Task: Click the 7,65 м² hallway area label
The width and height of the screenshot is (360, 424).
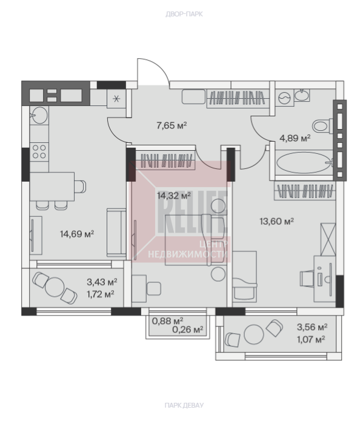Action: click(x=172, y=125)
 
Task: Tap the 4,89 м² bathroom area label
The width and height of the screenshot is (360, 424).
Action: click(x=295, y=138)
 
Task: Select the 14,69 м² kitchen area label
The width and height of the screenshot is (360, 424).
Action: click(x=77, y=234)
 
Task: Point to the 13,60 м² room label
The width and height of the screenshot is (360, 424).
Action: click(x=277, y=221)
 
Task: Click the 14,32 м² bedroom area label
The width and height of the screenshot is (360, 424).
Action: click(x=174, y=195)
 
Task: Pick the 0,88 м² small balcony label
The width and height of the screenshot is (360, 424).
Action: click(x=167, y=321)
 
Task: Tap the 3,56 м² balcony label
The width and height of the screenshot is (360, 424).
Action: click(x=312, y=327)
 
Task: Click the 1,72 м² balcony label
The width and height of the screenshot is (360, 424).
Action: click(x=100, y=294)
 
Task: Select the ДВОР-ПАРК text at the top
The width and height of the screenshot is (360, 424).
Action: click(x=184, y=14)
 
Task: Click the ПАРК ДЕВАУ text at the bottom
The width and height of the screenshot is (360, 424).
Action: click(x=184, y=405)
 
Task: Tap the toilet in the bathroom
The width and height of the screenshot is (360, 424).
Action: click(x=322, y=126)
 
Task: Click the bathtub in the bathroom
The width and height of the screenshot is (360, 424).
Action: click(x=304, y=162)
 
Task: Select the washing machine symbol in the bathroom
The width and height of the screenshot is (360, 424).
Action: click(x=284, y=98)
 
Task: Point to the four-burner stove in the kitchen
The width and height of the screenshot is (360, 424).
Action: click(x=39, y=151)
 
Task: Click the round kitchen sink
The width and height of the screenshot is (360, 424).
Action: click(x=39, y=115)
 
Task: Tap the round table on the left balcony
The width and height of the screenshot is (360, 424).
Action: click(x=55, y=287)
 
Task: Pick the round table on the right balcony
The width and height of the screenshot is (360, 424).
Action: click(x=254, y=334)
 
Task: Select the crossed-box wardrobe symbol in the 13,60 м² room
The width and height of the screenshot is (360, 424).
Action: click(x=328, y=239)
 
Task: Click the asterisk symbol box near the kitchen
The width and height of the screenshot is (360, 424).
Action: click(x=116, y=98)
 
